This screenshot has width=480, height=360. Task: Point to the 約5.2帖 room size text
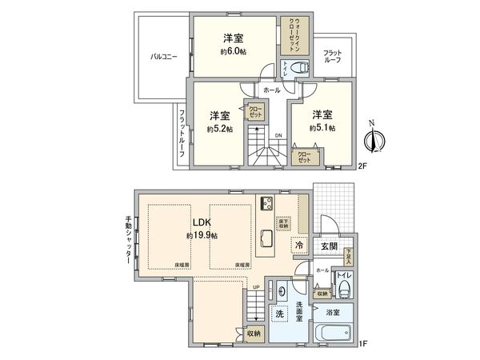[219, 128]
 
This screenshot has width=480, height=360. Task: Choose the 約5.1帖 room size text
[322, 127]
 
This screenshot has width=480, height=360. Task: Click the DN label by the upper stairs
[278, 135]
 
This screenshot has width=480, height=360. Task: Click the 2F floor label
[362, 166]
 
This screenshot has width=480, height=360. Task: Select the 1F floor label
[362, 344]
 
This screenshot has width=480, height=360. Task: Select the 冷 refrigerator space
[298, 245]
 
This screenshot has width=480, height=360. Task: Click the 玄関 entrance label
[329, 246]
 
